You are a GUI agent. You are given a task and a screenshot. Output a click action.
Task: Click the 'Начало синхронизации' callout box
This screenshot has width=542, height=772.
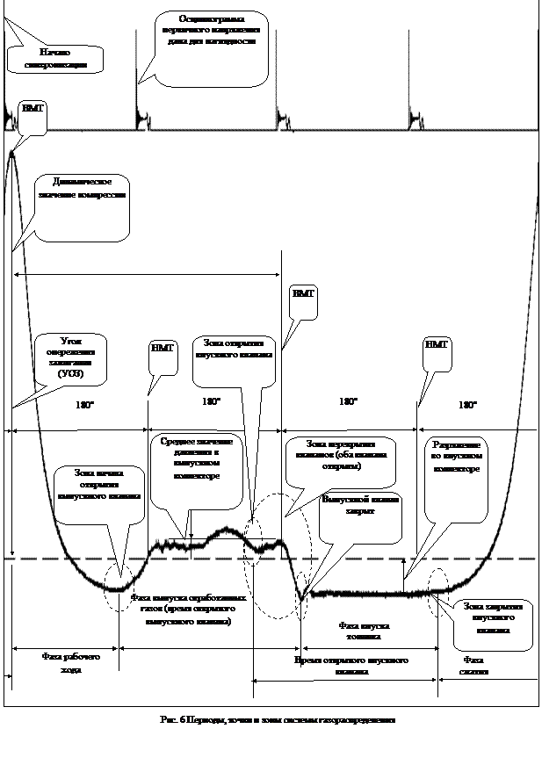pos(54,59)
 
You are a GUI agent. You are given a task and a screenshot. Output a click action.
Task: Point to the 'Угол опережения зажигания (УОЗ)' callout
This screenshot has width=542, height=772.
pos(71,357)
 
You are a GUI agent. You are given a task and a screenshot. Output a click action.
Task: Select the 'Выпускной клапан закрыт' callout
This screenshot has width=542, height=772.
pos(360,514)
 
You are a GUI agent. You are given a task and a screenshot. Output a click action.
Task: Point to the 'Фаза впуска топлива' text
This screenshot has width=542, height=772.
pos(362,631)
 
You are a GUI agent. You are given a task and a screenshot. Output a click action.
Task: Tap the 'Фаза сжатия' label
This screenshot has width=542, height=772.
pos(474,665)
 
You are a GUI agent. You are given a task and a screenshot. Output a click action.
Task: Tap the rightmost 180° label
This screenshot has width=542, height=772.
pos(468,405)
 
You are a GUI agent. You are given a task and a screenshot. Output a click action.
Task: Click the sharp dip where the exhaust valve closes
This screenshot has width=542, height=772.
pos(301,598)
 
